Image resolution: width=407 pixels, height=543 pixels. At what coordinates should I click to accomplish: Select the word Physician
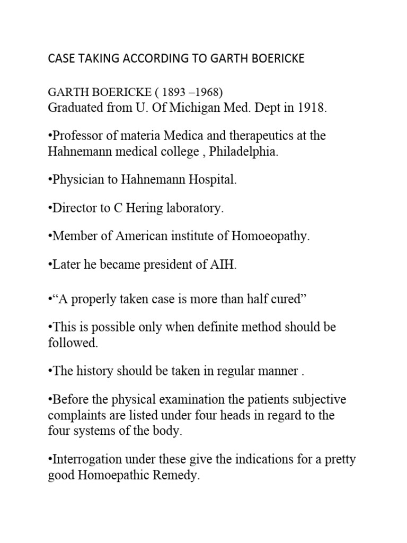[76, 180]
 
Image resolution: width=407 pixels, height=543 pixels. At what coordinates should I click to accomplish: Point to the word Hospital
[211, 180]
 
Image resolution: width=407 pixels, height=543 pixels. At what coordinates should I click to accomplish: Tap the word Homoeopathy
[270, 237]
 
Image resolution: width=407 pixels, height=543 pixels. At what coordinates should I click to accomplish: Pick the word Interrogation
[85, 459]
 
